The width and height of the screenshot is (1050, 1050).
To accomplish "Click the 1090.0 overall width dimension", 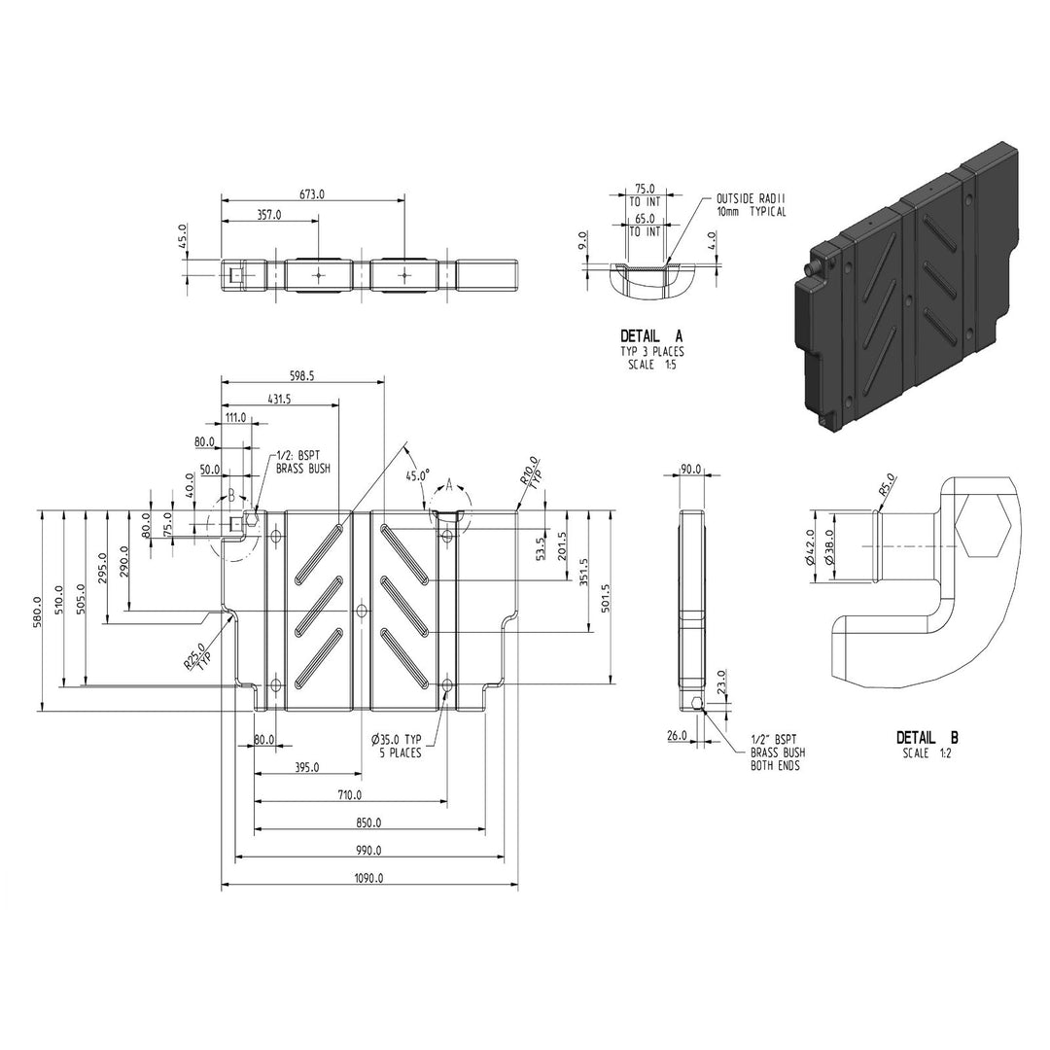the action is (x=369, y=878).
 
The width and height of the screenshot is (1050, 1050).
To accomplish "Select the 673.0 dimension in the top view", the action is (x=312, y=194).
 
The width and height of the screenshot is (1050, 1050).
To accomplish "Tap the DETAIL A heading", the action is (x=651, y=336).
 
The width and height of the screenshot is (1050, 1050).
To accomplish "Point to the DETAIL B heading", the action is (x=927, y=738).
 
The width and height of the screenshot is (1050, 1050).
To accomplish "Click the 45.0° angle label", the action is (x=418, y=475).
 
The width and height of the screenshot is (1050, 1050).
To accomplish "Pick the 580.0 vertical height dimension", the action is (x=36, y=612).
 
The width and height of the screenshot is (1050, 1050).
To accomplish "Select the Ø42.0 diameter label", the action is (x=810, y=546).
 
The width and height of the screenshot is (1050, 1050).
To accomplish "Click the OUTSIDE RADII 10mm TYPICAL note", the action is (x=751, y=205).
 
